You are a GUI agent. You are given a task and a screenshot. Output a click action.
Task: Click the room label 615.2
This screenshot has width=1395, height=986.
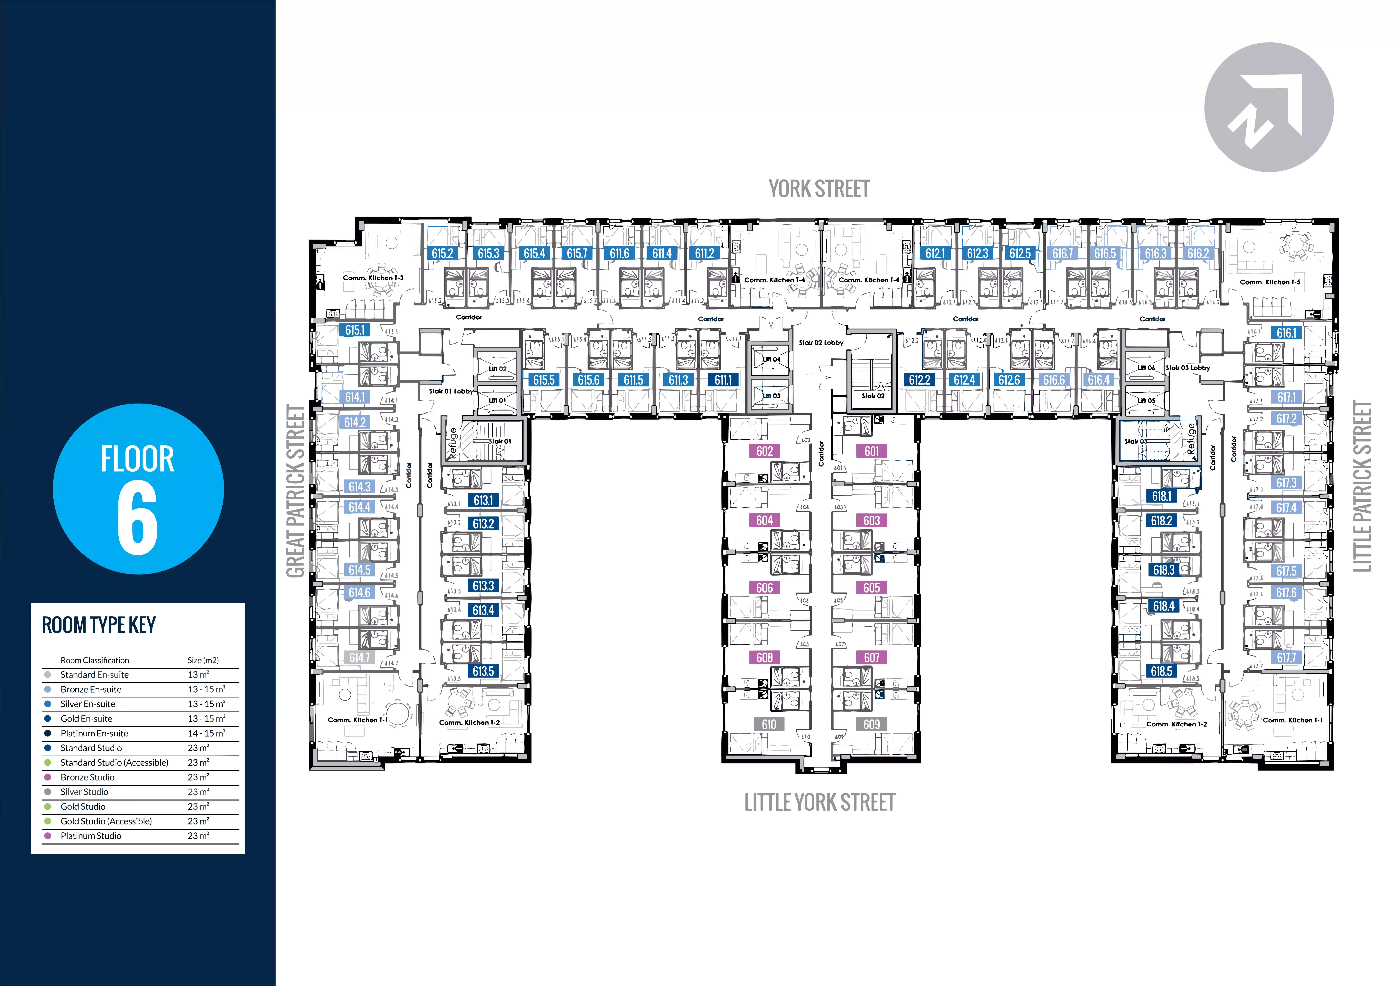pyautogui.click(x=442, y=253)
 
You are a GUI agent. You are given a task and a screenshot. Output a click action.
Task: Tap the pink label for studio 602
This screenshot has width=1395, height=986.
pyautogui.click(x=764, y=451)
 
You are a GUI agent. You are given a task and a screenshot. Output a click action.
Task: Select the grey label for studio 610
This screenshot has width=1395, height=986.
pyautogui.click(x=769, y=724)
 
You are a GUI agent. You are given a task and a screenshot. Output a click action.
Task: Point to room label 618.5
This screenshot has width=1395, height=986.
pyautogui.click(x=1161, y=671)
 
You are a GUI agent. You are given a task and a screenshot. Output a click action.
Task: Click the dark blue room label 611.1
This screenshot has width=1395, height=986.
pyautogui.click(x=723, y=380)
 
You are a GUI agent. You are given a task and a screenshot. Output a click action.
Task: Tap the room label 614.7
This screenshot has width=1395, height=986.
pyautogui.click(x=359, y=657)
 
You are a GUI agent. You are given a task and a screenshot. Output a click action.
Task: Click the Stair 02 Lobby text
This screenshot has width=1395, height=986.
pyautogui.click(x=821, y=343)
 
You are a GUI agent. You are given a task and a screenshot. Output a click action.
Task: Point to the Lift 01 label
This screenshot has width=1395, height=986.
pyautogui.click(x=497, y=400)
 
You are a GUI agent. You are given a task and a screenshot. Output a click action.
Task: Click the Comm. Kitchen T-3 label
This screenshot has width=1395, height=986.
pyautogui.click(x=373, y=278)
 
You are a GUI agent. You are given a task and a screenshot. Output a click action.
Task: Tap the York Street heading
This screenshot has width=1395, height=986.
pyautogui.click(x=819, y=189)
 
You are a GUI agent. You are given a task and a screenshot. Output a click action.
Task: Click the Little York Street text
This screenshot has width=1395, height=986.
pyautogui.click(x=820, y=802)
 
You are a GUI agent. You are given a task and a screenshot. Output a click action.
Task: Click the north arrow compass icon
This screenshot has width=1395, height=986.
pyautogui.click(x=1269, y=107)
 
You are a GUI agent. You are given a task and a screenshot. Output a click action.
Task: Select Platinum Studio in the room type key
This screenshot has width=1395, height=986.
pyautogui.click(x=91, y=836)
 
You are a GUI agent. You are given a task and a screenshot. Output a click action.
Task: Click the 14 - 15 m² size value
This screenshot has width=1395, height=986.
pyautogui.click(x=206, y=733)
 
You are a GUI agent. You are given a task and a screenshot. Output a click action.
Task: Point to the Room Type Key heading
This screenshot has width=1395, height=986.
pyautogui.click(x=99, y=625)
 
